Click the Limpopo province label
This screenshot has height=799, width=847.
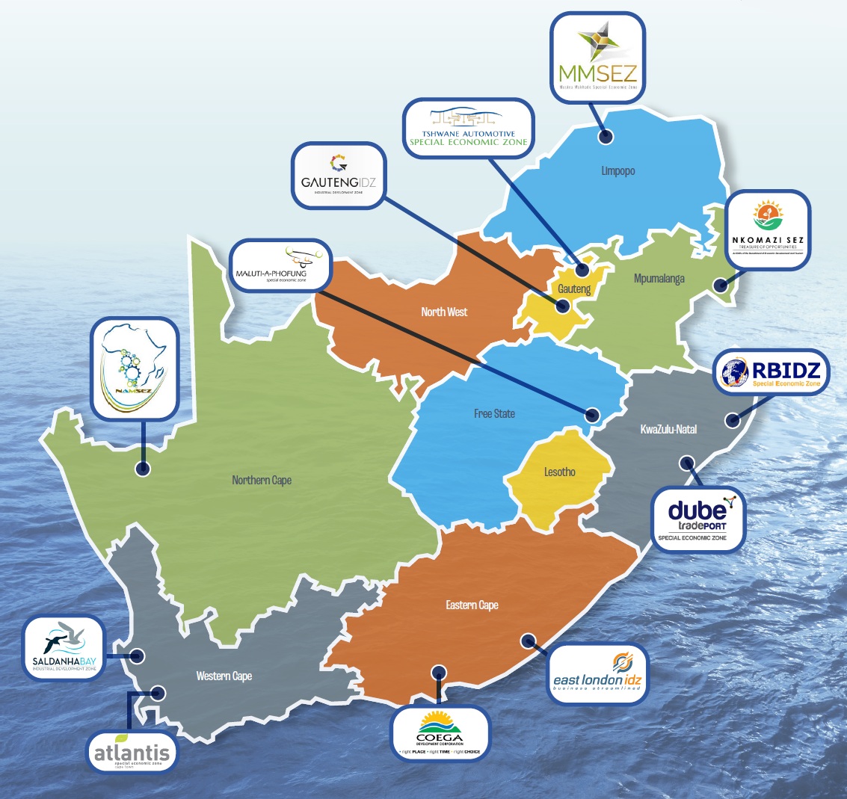point(617,171)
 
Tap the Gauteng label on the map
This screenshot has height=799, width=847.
point(574,289)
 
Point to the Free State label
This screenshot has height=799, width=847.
point(494,413)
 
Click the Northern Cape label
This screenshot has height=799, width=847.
point(262,480)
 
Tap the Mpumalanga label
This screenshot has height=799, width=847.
point(659,280)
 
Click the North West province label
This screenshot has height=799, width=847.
point(444,312)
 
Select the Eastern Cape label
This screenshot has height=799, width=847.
point(472,605)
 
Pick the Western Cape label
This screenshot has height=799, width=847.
point(224,676)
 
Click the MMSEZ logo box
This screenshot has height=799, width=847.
point(597,57)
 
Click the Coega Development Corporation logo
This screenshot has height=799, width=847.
point(440,731)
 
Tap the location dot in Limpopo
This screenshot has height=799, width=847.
point(606,137)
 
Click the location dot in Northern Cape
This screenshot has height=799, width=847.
point(141,469)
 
